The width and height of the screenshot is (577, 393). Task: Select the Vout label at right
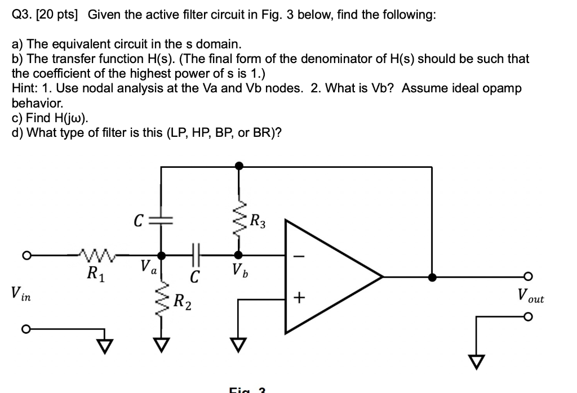(x=530, y=295)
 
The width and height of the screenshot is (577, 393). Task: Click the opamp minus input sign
(x=299, y=256)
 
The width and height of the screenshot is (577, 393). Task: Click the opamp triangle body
(x=327, y=276)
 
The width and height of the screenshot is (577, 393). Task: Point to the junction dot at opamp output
(x=432, y=277)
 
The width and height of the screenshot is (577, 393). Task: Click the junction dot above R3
(x=239, y=166)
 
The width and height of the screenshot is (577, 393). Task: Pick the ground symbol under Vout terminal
(x=477, y=361)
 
